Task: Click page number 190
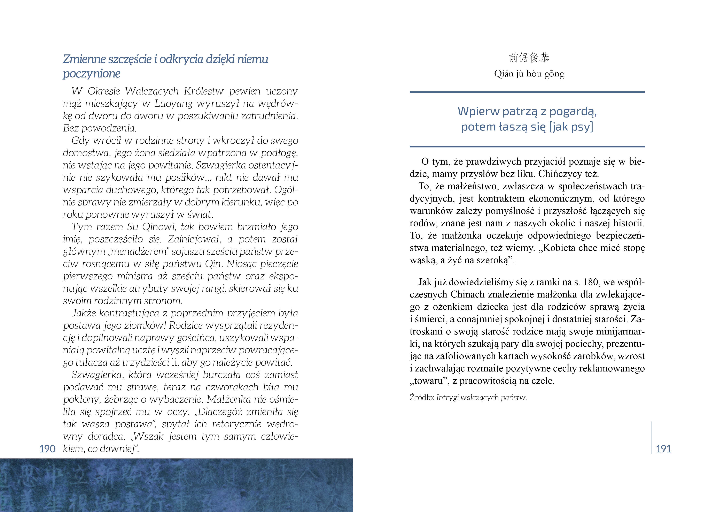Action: [x=47, y=449]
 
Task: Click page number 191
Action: [x=663, y=449]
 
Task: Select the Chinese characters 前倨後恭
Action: [x=529, y=58]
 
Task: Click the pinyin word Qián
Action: [x=504, y=74]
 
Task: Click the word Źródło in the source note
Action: [x=421, y=398]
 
